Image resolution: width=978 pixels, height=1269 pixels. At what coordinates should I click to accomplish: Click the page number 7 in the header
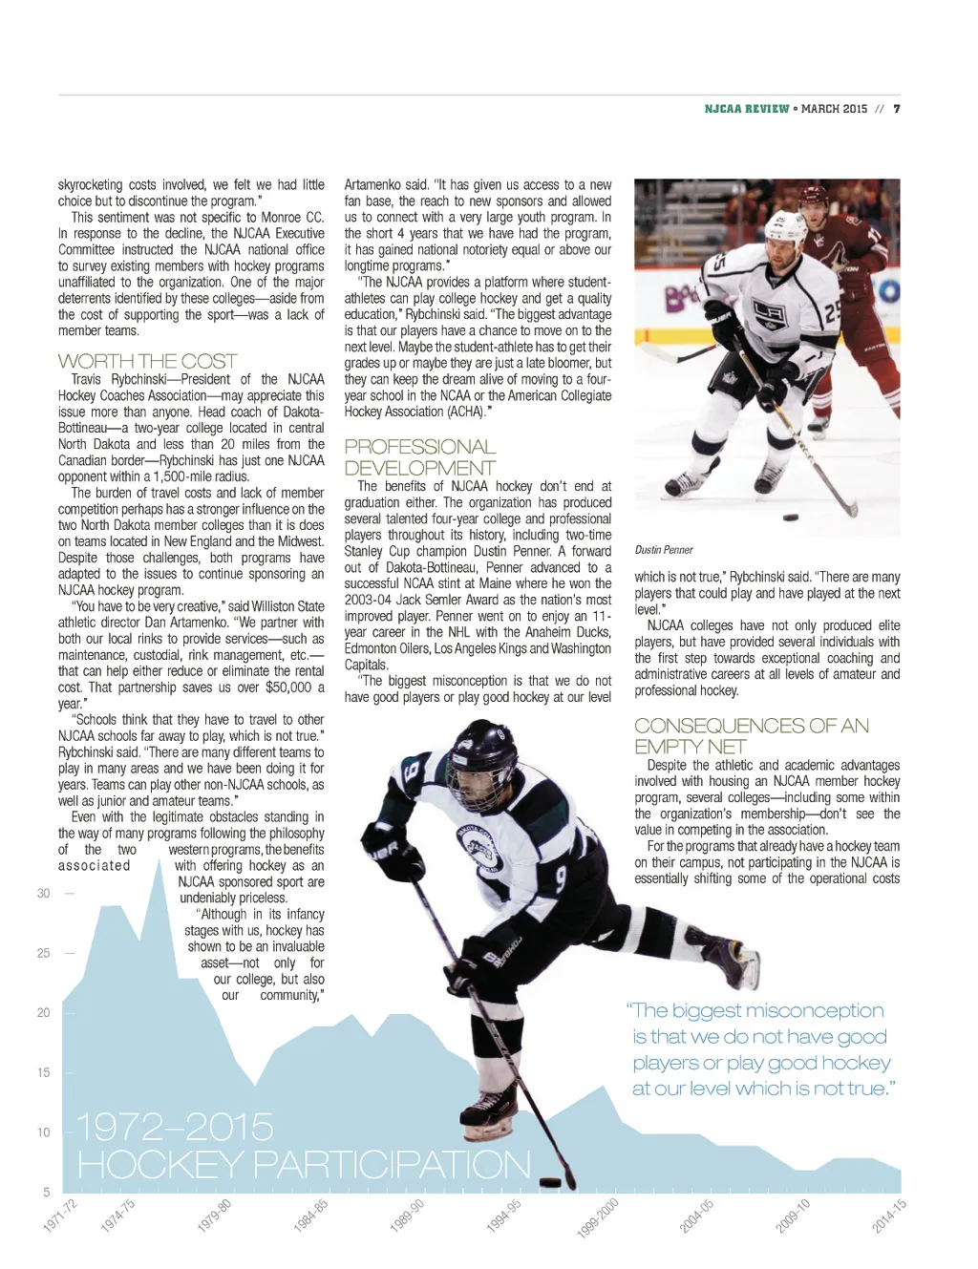(x=897, y=109)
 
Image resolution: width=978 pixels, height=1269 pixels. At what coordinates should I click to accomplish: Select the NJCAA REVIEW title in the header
(x=747, y=109)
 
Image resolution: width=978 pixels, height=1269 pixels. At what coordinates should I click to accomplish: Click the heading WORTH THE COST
(x=147, y=361)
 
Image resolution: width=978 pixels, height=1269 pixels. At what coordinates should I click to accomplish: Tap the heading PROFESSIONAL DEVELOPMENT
(x=420, y=457)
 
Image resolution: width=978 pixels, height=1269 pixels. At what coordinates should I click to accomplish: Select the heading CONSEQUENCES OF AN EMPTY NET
(x=752, y=736)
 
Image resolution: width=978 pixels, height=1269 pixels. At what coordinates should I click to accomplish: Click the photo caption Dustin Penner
(x=664, y=550)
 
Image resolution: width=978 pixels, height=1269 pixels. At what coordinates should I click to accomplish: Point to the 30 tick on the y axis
(x=44, y=894)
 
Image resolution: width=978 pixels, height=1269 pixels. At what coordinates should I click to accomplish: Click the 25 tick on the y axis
(x=44, y=953)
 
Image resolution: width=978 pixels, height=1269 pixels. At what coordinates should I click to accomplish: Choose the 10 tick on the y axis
(x=44, y=1132)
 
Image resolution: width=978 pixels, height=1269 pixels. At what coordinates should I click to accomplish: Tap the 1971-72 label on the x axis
(x=59, y=1216)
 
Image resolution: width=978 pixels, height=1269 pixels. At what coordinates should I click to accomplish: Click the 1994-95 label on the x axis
(x=503, y=1216)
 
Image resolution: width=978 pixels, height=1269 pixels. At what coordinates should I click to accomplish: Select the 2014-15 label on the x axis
(x=888, y=1216)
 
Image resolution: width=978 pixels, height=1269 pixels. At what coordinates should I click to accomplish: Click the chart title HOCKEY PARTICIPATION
(x=304, y=1165)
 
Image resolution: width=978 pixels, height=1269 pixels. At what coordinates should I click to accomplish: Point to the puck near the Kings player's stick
(x=791, y=518)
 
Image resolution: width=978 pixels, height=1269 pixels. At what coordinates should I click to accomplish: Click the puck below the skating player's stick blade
(x=551, y=1182)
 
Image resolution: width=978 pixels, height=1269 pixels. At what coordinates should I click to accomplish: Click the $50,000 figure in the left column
(x=289, y=687)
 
